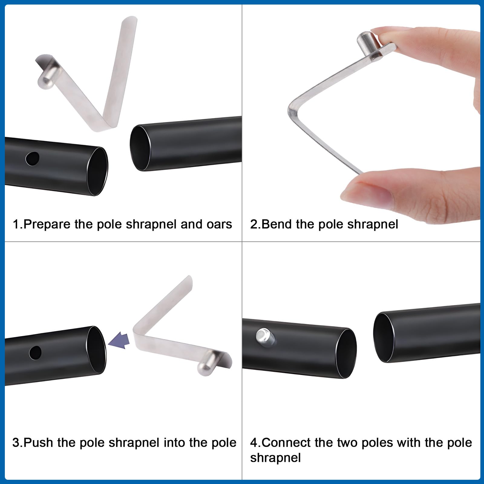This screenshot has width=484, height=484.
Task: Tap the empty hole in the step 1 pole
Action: (x=32, y=159)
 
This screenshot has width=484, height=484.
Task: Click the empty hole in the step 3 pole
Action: (x=35, y=352)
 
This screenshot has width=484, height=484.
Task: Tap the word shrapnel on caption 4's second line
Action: (x=275, y=458)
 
